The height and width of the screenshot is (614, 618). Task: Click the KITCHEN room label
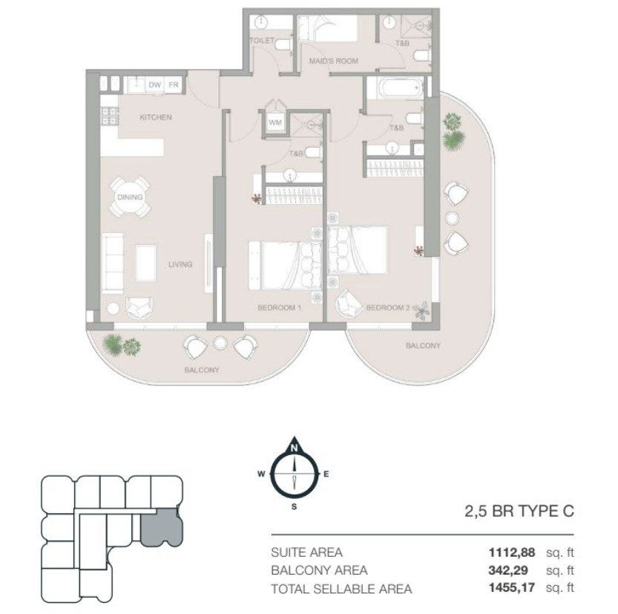[x=156, y=117]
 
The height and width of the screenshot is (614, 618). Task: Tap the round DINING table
[x=130, y=197]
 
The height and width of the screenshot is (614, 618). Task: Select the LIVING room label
[x=180, y=264]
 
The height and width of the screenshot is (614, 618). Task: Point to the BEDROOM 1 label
[x=279, y=307]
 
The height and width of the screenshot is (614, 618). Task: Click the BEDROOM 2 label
[x=388, y=307]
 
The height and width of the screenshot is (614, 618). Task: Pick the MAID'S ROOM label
[x=333, y=61]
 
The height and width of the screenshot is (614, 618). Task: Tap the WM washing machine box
[x=275, y=123]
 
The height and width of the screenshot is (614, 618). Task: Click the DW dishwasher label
[x=154, y=85]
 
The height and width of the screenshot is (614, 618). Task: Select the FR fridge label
[x=174, y=85]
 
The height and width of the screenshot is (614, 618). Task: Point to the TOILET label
[x=262, y=41]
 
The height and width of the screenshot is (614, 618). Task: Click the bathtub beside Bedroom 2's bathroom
[x=395, y=88]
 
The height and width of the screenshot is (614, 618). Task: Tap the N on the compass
[x=294, y=448]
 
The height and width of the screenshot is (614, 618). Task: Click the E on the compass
[x=326, y=474]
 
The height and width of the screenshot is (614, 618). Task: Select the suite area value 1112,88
[x=512, y=552]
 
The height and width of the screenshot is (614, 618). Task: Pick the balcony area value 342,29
[x=508, y=570]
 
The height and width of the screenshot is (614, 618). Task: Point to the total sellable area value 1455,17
[x=512, y=587]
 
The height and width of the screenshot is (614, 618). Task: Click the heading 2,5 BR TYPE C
[x=519, y=512]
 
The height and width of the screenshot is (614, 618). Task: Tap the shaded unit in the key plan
[x=161, y=528]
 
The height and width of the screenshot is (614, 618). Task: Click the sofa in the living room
[x=112, y=263]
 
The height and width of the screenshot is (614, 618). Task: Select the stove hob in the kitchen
[x=110, y=117]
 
